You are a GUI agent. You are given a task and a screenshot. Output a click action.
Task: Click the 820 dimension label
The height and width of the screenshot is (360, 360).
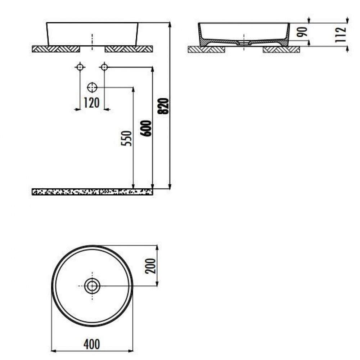(x=163, y=106)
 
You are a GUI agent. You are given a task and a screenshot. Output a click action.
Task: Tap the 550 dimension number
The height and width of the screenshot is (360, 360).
(x=127, y=138)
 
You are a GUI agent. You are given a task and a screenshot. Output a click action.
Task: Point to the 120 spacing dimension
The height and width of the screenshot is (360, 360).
(x=91, y=103)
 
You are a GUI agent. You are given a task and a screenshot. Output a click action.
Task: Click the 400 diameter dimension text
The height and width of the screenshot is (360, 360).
(x=92, y=344)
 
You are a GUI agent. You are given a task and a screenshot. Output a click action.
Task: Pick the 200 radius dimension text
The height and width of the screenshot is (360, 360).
(x=150, y=266)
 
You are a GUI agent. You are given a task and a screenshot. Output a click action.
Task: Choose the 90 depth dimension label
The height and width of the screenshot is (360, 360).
(x=302, y=32)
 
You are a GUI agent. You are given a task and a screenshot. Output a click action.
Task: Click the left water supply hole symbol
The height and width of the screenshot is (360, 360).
(x=80, y=67)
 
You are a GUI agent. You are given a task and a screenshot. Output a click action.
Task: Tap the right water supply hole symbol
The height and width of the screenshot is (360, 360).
(x=104, y=67)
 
